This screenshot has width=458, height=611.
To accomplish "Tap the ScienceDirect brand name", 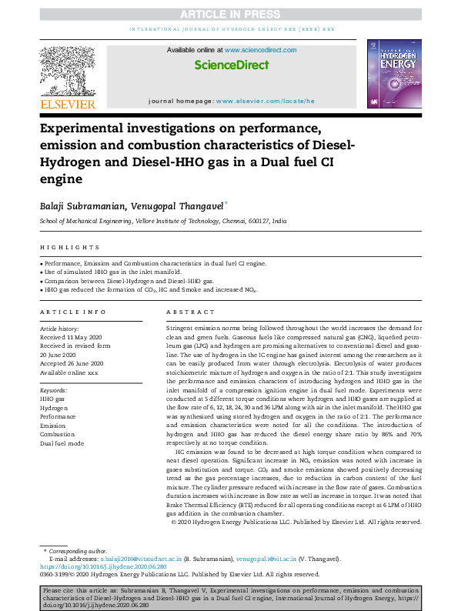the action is pyautogui.click(x=229, y=65).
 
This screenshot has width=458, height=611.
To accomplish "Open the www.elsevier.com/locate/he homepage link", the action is pyautogui.click(x=266, y=101).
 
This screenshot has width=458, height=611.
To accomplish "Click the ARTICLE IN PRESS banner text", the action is pyautogui.click(x=229, y=14).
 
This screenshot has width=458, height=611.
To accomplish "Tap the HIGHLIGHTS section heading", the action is pyautogui.click(x=69, y=247).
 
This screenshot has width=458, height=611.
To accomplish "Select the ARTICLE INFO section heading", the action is pyautogui.click(x=73, y=312).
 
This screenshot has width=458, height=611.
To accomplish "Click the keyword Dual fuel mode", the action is pyautogui.click(x=62, y=444).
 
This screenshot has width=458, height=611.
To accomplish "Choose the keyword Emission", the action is pyautogui.click(x=53, y=425).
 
